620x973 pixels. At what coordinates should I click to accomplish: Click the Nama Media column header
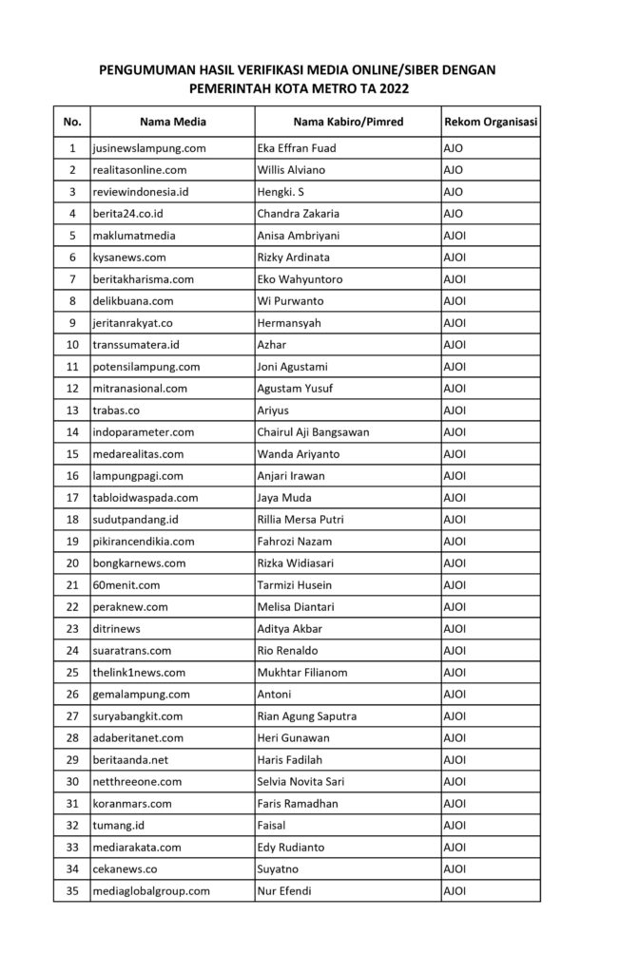pos(172,122)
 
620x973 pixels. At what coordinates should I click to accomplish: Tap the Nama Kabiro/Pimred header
pos(348,122)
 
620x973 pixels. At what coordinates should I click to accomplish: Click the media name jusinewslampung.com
pos(149,148)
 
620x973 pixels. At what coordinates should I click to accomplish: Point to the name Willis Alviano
pos(291,170)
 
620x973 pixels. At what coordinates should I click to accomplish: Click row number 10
pos(72,344)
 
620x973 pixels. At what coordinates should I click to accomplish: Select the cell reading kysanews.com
pos(130,257)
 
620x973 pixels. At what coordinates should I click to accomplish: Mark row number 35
pos(72,890)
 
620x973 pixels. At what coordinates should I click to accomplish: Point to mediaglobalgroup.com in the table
pos(150,890)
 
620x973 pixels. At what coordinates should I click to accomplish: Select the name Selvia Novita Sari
pos(300,781)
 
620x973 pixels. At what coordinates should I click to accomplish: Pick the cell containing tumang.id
pos(118,825)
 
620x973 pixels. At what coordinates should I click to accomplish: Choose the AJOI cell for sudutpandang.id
pos(455,519)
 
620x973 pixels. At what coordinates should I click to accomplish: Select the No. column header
pos(72,122)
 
